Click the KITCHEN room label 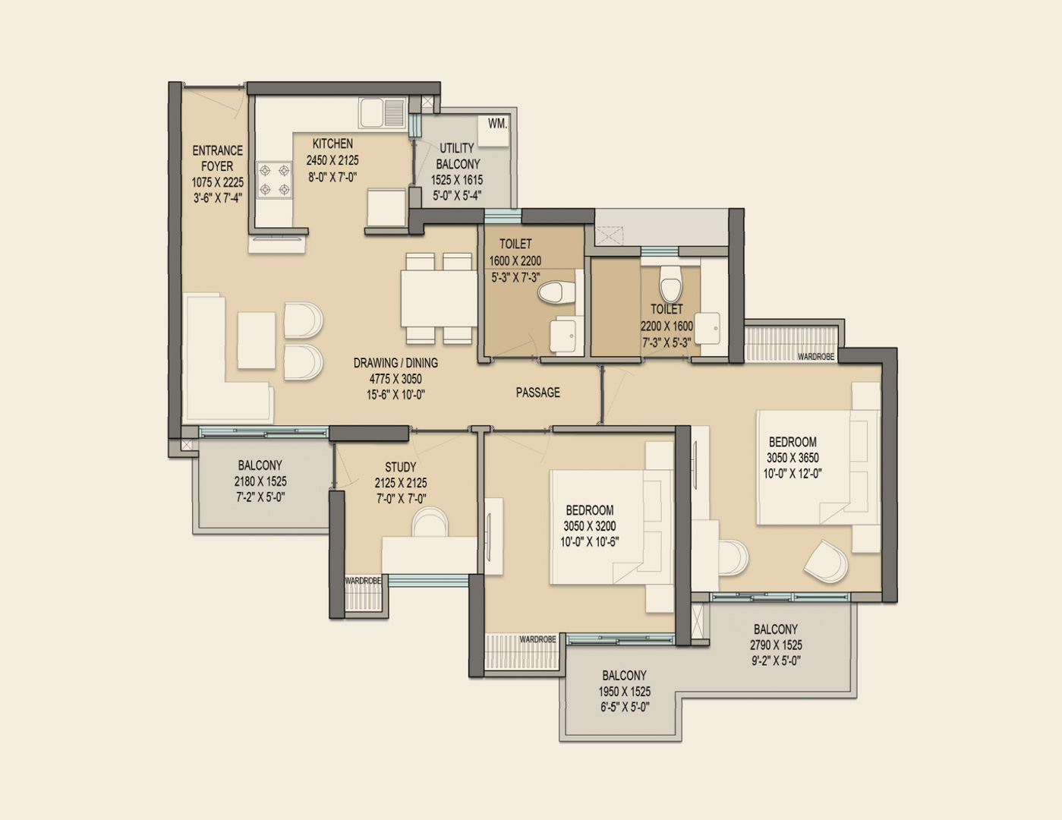332,143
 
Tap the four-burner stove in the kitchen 274,180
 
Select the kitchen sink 383,113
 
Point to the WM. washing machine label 497,124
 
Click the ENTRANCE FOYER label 217,158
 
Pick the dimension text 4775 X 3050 395,379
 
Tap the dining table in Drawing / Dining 438,298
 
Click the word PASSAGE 537,393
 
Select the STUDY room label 400,467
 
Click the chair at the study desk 430,522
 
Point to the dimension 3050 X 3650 793,458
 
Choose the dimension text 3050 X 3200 589,526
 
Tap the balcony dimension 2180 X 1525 260,481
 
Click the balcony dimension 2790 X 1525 776,645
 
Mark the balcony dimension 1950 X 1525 624,692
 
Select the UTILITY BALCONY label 458,156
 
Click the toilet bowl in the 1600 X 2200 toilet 556,293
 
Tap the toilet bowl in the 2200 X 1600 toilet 670,284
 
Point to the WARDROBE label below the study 363,581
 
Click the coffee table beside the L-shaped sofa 256,341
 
